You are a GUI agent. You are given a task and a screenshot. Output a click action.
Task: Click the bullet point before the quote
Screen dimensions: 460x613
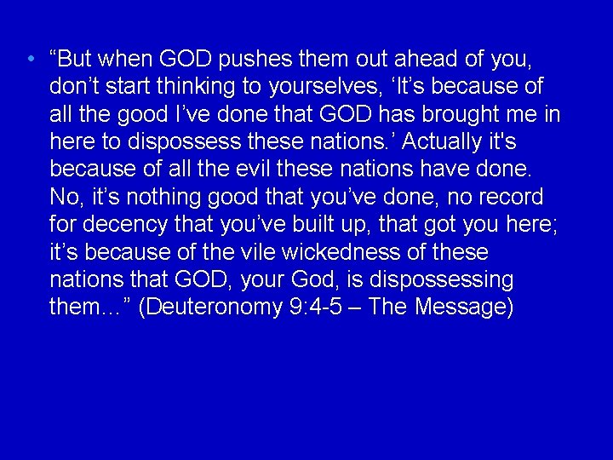[x=31, y=60]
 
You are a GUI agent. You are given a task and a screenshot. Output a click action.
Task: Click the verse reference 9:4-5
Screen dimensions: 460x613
[x=322, y=306]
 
